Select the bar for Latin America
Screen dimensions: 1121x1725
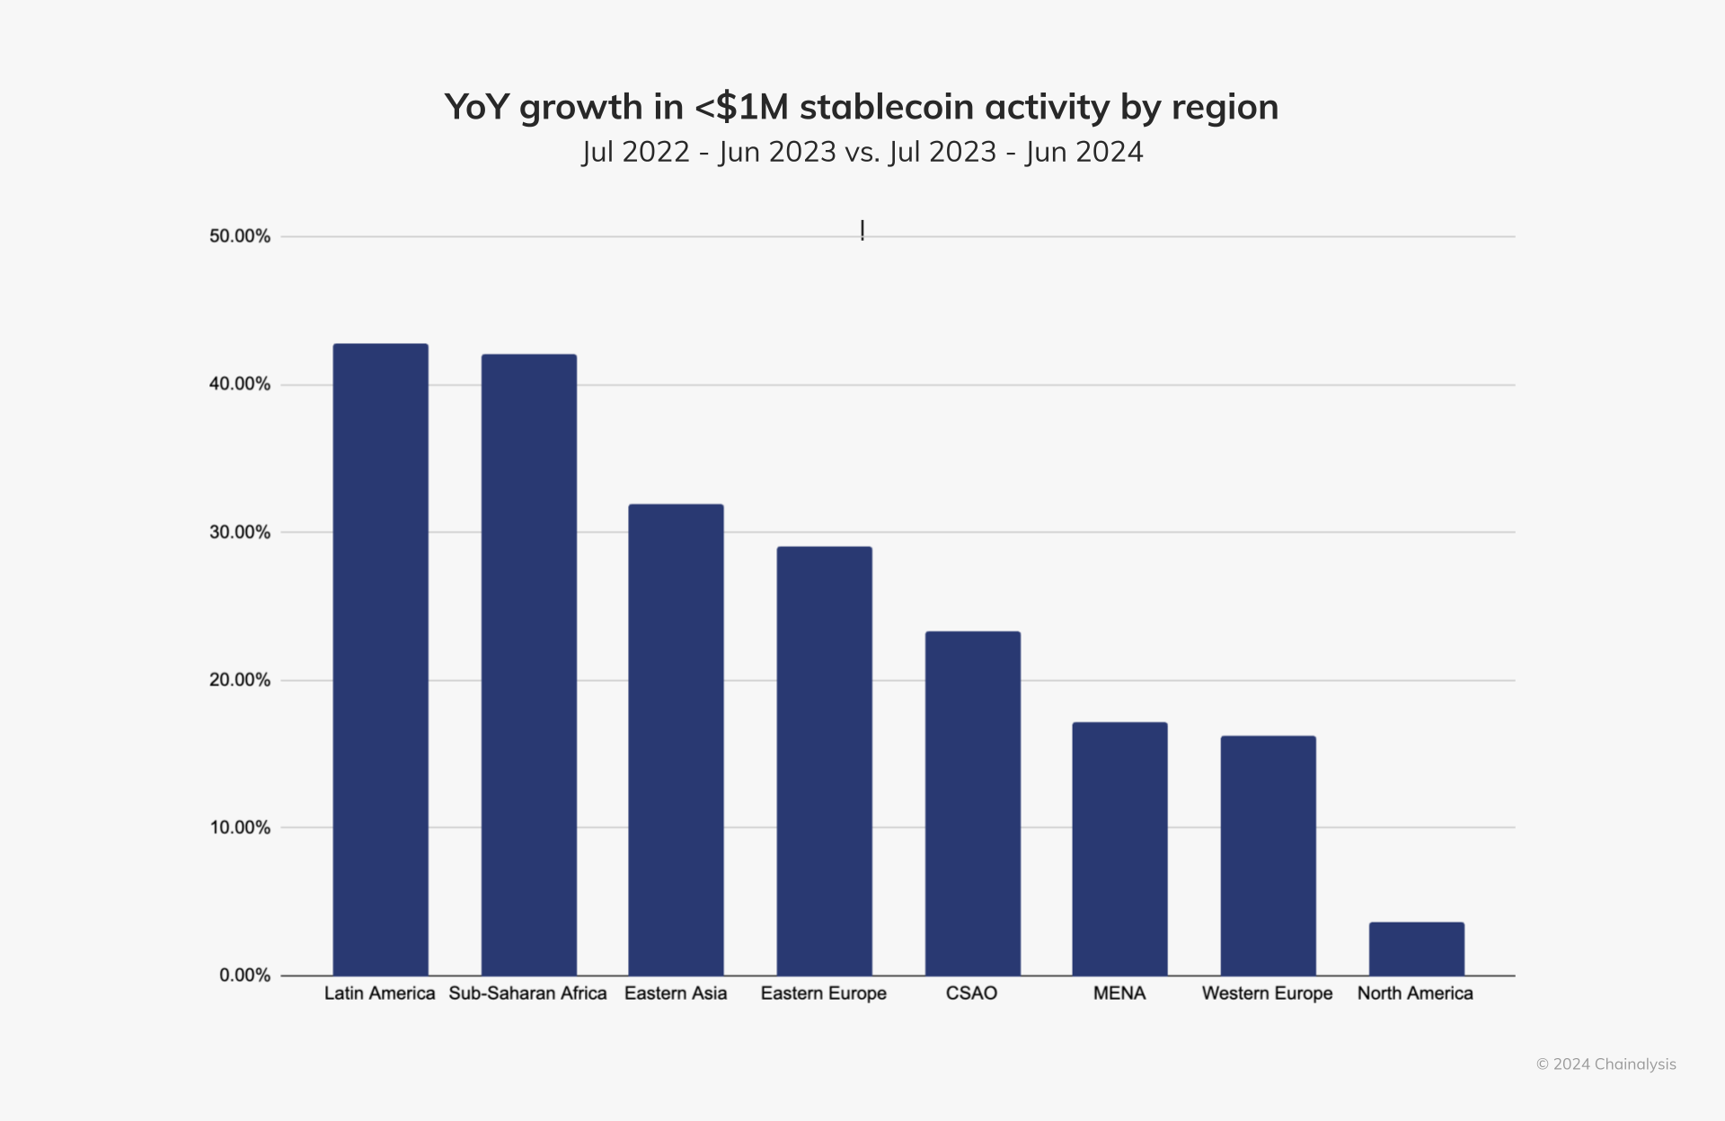pyautogui.click(x=380, y=659)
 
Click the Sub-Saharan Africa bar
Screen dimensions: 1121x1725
pyautogui.click(x=528, y=665)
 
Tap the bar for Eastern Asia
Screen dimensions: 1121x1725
pyautogui.click(x=676, y=739)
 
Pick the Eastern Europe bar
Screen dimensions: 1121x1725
pyautogui.click(x=824, y=761)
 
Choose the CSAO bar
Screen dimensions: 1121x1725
pyautogui.click(x=972, y=803)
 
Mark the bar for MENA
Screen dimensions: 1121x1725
pyautogui.click(x=1119, y=849)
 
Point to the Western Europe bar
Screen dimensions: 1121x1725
pyautogui.click(x=1268, y=855)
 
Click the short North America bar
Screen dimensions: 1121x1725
pyautogui.click(x=1416, y=949)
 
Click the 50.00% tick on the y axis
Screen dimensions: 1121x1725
pyautogui.click(x=240, y=236)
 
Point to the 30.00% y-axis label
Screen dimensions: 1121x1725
pyautogui.click(x=240, y=532)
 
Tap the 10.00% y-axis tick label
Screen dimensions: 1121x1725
pyautogui.click(x=240, y=827)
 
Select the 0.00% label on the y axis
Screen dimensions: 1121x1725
pyautogui.click(x=244, y=975)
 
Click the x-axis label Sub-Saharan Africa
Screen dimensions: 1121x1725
pyautogui.click(x=527, y=993)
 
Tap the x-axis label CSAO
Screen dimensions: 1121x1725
pyautogui.click(x=971, y=993)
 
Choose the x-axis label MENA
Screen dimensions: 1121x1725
pyautogui.click(x=1119, y=993)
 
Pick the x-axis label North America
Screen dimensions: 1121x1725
pyautogui.click(x=1415, y=993)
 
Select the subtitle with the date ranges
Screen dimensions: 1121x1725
pyautogui.click(x=862, y=152)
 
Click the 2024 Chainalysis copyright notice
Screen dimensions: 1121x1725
pyautogui.click(x=1606, y=1064)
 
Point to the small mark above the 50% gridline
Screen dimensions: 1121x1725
pyautogui.click(x=862, y=231)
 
